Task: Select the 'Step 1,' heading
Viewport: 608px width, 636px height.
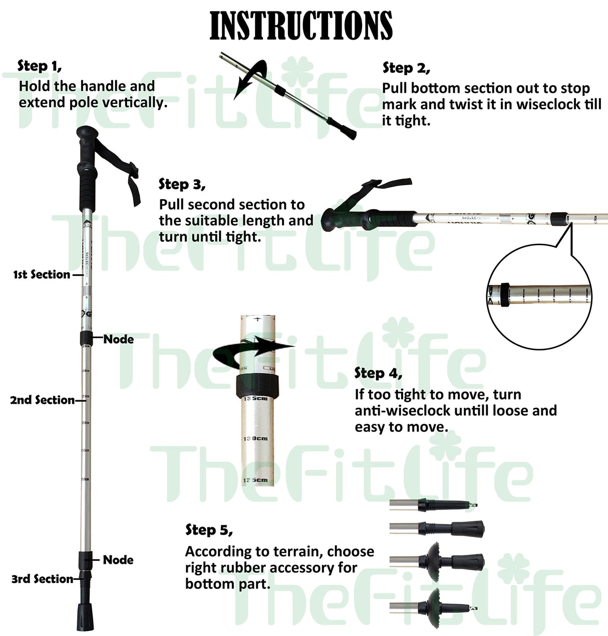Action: (x=40, y=66)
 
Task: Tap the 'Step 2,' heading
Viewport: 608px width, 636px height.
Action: (x=406, y=68)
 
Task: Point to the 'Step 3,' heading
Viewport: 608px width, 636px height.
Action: (x=182, y=184)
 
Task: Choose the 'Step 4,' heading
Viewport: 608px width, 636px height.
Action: (x=378, y=373)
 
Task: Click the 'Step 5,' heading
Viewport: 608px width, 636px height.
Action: (x=209, y=530)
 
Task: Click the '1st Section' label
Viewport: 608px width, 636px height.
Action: (x=42, y=274)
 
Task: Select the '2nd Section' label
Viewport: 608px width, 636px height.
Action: (x=42, y=400)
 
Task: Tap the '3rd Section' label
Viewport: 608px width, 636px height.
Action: (x=43, y=579)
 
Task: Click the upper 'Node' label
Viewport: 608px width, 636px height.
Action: (x=119, y=339)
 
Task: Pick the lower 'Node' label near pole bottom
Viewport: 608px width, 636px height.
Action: (x=118, y=560)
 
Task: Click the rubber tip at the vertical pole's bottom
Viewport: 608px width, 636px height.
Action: (x=85, y=617)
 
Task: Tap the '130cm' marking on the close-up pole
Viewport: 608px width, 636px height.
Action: (x=256, y=438)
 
